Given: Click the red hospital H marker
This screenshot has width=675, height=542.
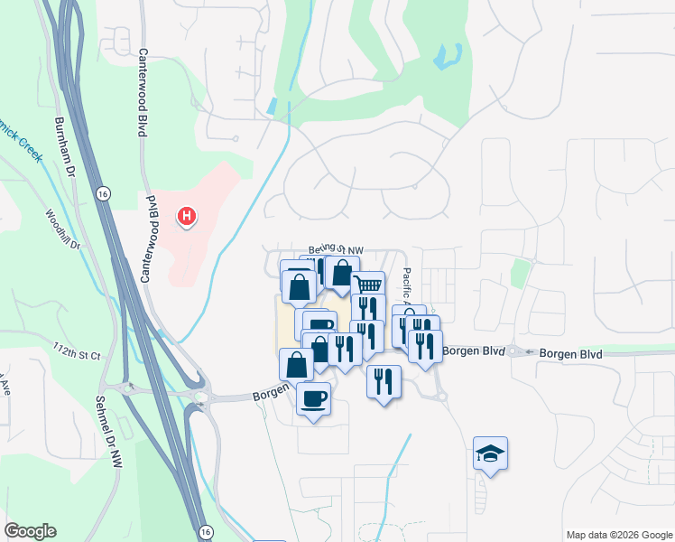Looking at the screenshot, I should coord(187,217).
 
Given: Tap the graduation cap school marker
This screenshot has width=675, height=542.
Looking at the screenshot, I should coord(490,453).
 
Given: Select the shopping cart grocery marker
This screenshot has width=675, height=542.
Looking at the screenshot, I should coord(367,285).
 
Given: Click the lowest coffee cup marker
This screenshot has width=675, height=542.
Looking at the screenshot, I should coord(313,398).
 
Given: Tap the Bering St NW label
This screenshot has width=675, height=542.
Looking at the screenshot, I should coord(336,249).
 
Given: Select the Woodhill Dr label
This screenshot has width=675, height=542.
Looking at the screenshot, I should coord(63,229).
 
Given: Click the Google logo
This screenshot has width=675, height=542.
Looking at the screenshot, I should coord(30,531).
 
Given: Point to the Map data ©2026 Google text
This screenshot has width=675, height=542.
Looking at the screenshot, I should coord(618,535).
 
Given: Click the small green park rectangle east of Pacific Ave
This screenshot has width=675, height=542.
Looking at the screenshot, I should coord(519,273).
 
